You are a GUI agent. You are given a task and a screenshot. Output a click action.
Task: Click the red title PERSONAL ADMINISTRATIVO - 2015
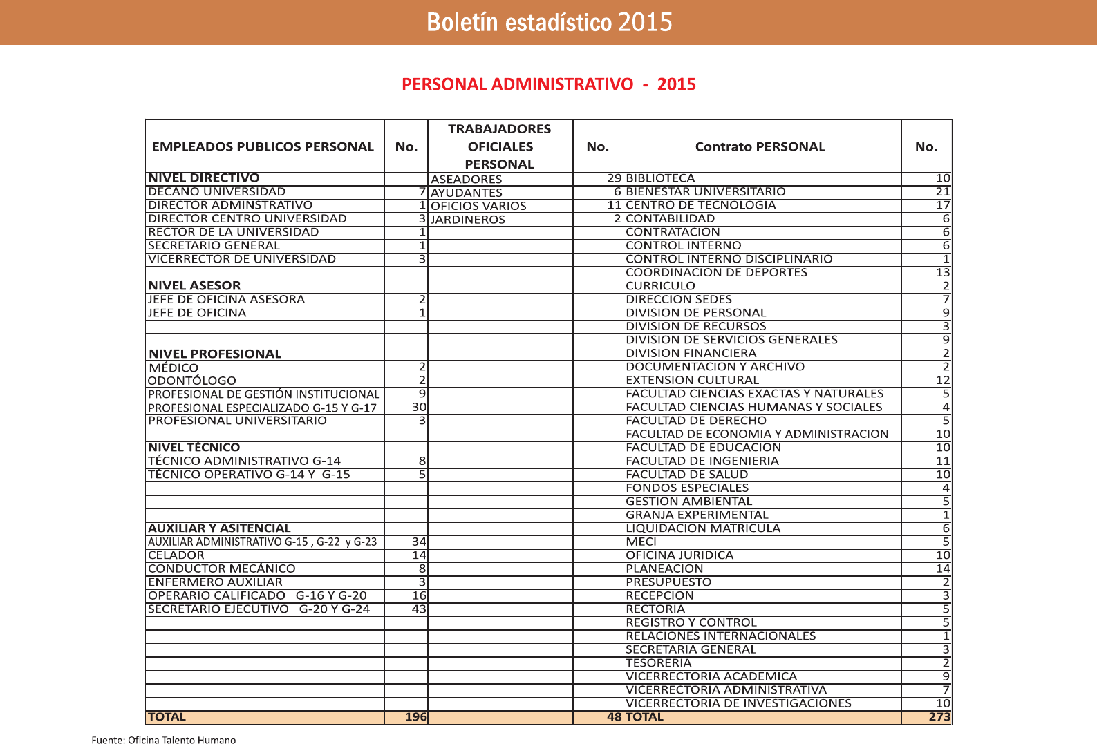coord(548,84)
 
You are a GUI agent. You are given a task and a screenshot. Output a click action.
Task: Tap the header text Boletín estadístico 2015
coord(549,22)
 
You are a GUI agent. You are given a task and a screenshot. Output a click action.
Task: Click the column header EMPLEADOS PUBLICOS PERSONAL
coord(263,146)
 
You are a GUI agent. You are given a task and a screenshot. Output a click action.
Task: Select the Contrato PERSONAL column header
coord(760,146)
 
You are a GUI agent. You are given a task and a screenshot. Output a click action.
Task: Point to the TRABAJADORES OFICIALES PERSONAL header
coord(500,146)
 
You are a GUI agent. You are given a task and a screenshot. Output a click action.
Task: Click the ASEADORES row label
coord(466,179)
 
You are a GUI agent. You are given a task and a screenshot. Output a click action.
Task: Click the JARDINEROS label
coord(467,220)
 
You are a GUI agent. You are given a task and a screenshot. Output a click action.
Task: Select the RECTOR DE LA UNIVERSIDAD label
coord(233,232)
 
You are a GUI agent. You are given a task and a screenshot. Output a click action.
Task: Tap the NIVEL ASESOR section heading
coord(194,285)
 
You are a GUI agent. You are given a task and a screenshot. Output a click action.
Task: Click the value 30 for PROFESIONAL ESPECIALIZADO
coord(419,407)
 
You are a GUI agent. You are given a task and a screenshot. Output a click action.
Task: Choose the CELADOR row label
coord(176,555)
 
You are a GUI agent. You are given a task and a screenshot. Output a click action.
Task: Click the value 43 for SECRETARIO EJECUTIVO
coord(419,609)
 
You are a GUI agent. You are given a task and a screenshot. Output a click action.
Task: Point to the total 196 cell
coord(415,717)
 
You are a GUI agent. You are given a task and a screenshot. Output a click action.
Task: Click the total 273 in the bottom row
coord(939,717)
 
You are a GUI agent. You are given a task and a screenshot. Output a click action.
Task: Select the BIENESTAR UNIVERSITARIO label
coord(705,191)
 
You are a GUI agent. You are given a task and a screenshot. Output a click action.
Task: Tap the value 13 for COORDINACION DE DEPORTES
coord(943,272)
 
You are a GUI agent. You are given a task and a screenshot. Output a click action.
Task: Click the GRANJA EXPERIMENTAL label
coord(696,515)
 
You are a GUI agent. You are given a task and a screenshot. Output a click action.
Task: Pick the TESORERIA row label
coord(658,662)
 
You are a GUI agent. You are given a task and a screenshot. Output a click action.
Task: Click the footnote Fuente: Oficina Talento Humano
coord(163,740)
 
